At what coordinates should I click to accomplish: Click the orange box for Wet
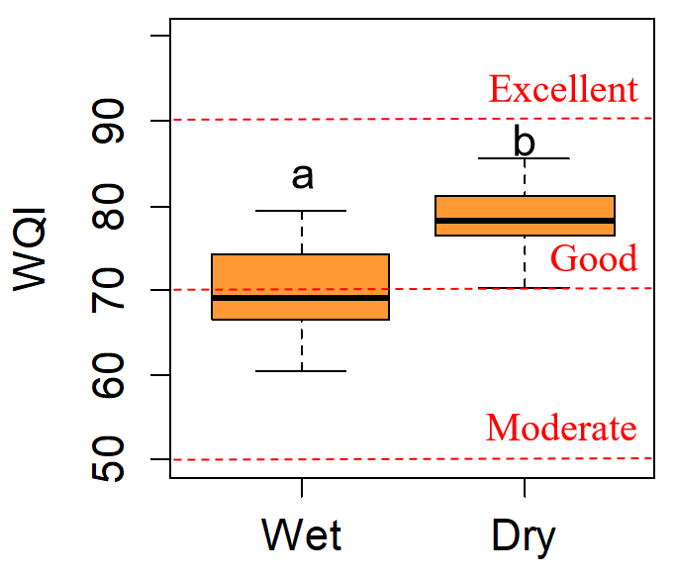point(301,277)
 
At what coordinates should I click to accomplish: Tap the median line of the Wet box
point(301,297)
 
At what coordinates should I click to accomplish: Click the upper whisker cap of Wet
point(301,211)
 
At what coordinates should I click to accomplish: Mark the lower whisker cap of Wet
point(301,371)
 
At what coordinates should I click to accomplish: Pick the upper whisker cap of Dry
point(524,158)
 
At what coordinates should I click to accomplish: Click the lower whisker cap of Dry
point(524,288)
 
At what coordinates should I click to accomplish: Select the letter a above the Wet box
point(302,176)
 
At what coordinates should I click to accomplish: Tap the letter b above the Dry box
point(524,142)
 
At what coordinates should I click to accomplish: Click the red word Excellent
point(563,90)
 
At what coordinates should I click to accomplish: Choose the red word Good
point(594,259)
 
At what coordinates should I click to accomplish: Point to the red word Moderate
point(561,429)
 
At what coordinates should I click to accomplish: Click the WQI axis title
point(33,255)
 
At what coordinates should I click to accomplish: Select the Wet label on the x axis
point(302,535)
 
